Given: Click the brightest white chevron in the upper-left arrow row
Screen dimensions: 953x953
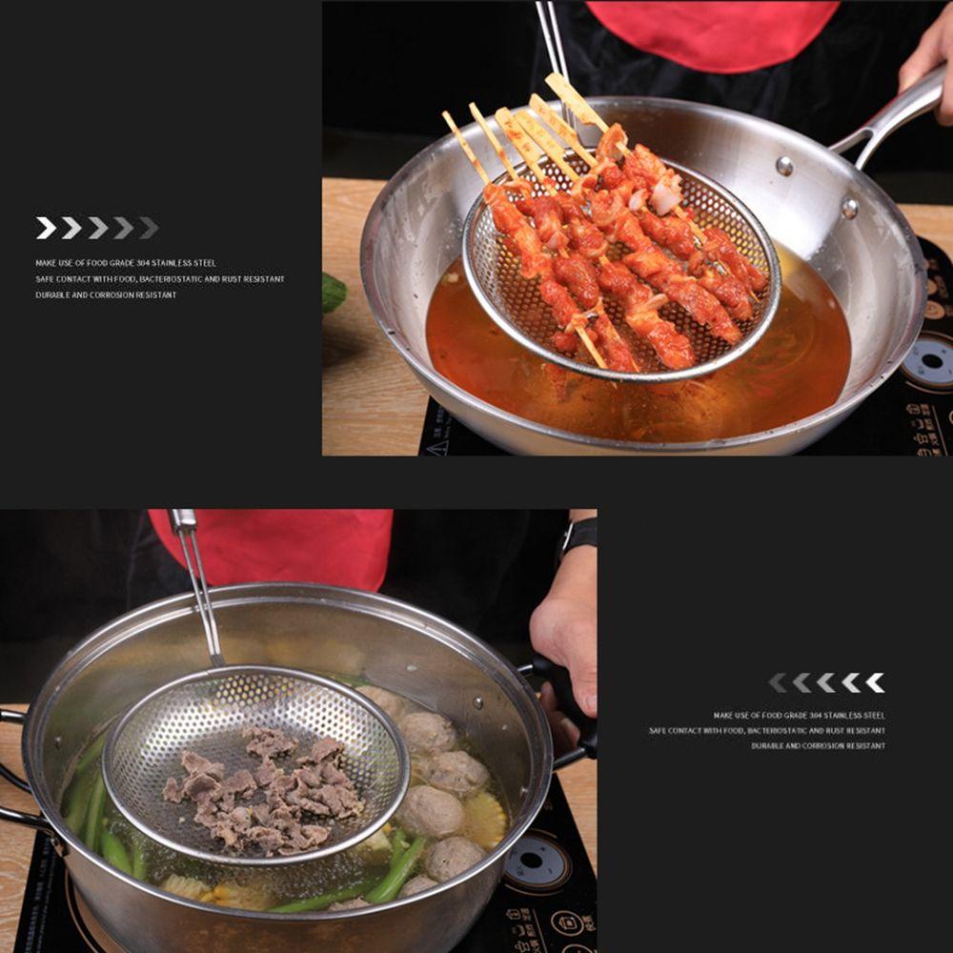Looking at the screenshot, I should (45, 228).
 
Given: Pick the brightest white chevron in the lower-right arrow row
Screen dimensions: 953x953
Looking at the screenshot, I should (875, 682).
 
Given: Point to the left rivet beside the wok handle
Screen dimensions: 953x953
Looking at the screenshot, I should (784, 166).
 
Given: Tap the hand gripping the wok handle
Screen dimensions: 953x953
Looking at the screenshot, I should (929, 67).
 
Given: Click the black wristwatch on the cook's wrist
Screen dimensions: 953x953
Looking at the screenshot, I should (578, 536).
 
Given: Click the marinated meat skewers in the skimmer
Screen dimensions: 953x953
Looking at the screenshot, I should (619, 248).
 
